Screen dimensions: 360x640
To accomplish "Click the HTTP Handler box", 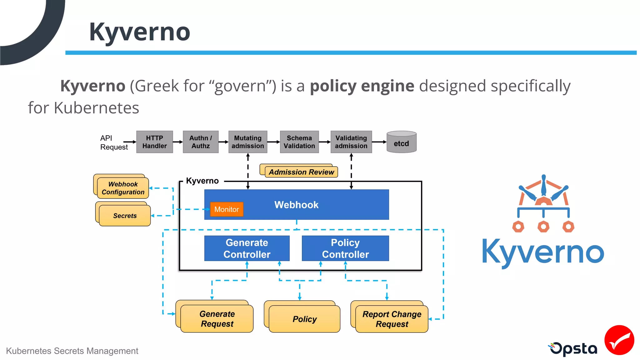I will [154, 142].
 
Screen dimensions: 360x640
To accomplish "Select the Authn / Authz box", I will [201, 142].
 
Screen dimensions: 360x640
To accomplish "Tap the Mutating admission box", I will [248, 142].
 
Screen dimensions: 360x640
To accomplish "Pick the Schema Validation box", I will [299, 142].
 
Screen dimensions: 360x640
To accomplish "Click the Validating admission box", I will [351, 142].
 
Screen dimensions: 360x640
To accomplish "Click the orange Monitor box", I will [227, 209].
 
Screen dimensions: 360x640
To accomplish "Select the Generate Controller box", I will [247, 248].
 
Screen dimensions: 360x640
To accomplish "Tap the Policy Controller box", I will [345, 248].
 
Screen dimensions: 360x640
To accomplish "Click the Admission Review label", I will [301, 172].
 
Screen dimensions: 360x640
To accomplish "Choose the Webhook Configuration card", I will [123, 188].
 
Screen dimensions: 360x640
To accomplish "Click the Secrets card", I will [125, 216].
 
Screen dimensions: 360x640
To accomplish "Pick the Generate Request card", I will [217, 319].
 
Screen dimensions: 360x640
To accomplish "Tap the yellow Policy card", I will [304, 319].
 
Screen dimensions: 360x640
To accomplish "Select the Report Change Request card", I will [392, 319].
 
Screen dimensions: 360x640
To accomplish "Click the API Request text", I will [114, 142].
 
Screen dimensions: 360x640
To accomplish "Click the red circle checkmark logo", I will [619, 340].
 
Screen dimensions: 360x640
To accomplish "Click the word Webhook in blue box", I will [296, 205].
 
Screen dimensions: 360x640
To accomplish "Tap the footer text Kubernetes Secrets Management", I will [72, 351].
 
